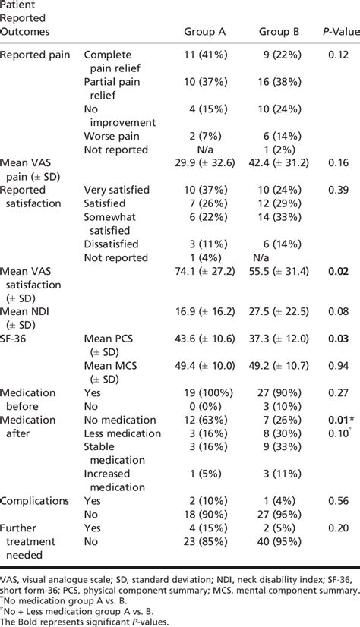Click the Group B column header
click(x=279, y=33)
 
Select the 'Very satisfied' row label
click(x=116, y=190)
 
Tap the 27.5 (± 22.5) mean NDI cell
click(x=279, y=310)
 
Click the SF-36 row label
click(x=18, y=337)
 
